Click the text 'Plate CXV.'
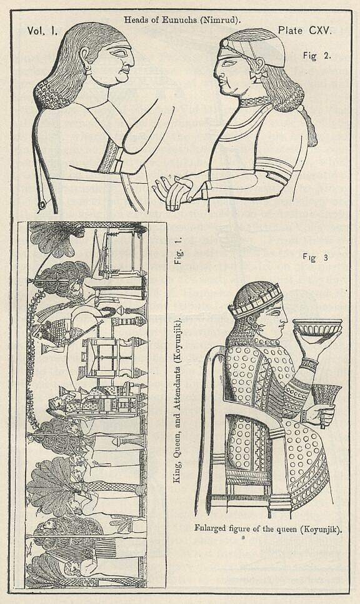click(x=304, y=31)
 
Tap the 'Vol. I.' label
click(x=42, y=31)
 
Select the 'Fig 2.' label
click(x=316, y=56)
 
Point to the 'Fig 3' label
click(x=315, y=258)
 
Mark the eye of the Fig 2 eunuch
click(x=227, y=63)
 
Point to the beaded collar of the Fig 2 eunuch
click(x=254, y=102)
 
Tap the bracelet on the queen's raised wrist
click(x=309, y=364)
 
